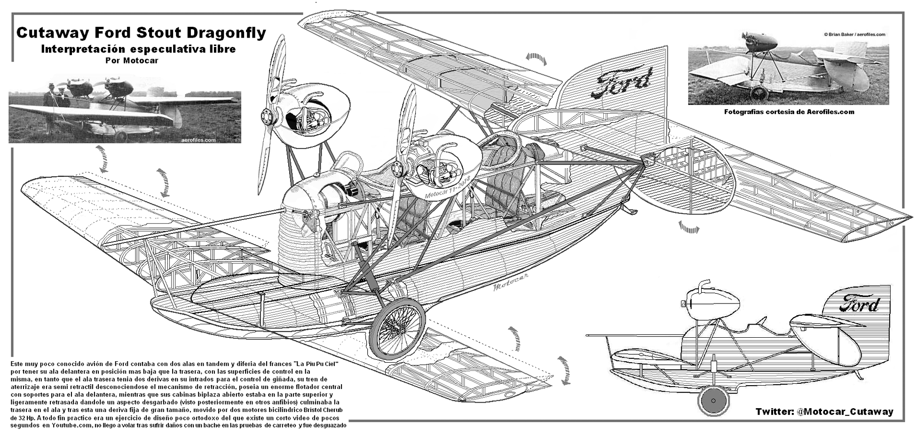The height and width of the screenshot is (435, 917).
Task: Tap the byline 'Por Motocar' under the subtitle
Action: (132, 61)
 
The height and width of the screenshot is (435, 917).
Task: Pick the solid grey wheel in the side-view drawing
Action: (713, 401)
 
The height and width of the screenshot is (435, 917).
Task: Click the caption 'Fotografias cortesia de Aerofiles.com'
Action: (789, 112)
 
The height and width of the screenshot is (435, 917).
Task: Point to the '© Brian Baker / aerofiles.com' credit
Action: (854, 34)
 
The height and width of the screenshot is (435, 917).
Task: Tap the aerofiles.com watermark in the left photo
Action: (198, 140)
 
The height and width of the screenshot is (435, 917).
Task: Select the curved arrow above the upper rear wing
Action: (536, 58)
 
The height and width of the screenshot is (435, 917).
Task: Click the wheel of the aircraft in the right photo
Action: (759, 93)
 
